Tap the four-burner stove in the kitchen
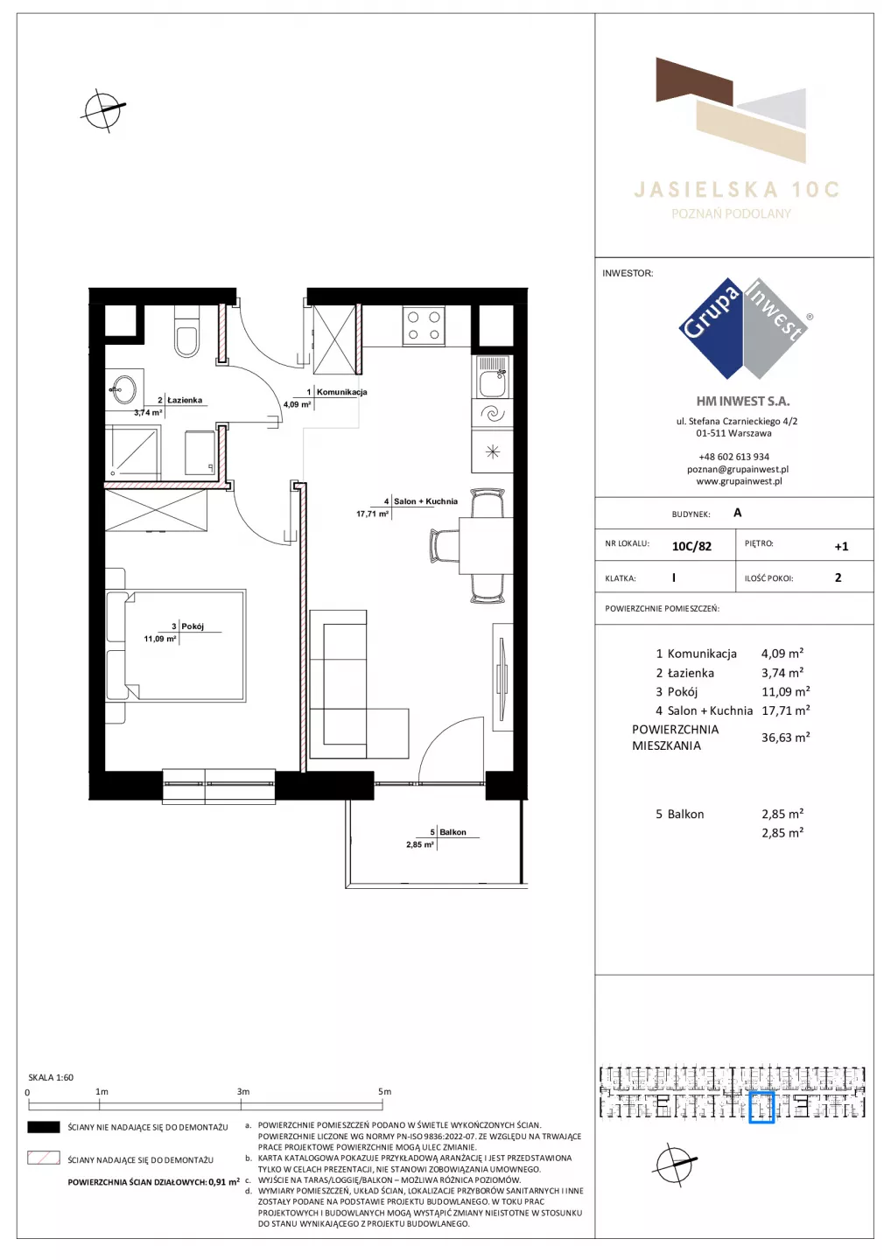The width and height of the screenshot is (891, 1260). click(424, 325)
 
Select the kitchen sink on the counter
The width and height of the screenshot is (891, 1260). click(492, 376)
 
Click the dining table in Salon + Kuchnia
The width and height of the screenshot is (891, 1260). click(486, 546)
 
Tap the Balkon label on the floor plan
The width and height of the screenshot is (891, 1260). click(453, 832)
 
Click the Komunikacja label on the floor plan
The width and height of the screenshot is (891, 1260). click(341, 392)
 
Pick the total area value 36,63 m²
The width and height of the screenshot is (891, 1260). click(785, 738)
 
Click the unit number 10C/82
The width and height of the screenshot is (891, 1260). click(691, 546)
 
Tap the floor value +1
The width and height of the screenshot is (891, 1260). click(841, 546)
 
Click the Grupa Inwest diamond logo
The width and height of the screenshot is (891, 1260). click(743, 328)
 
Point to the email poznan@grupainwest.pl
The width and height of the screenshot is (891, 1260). click(738, 469)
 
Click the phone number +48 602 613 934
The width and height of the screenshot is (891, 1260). click(733, 457)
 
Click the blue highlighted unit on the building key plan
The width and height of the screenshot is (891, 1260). click(761, 1108)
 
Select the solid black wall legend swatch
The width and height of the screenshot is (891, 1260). click(43, 1127)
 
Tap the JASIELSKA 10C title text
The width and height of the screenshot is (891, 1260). click(736, 190)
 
